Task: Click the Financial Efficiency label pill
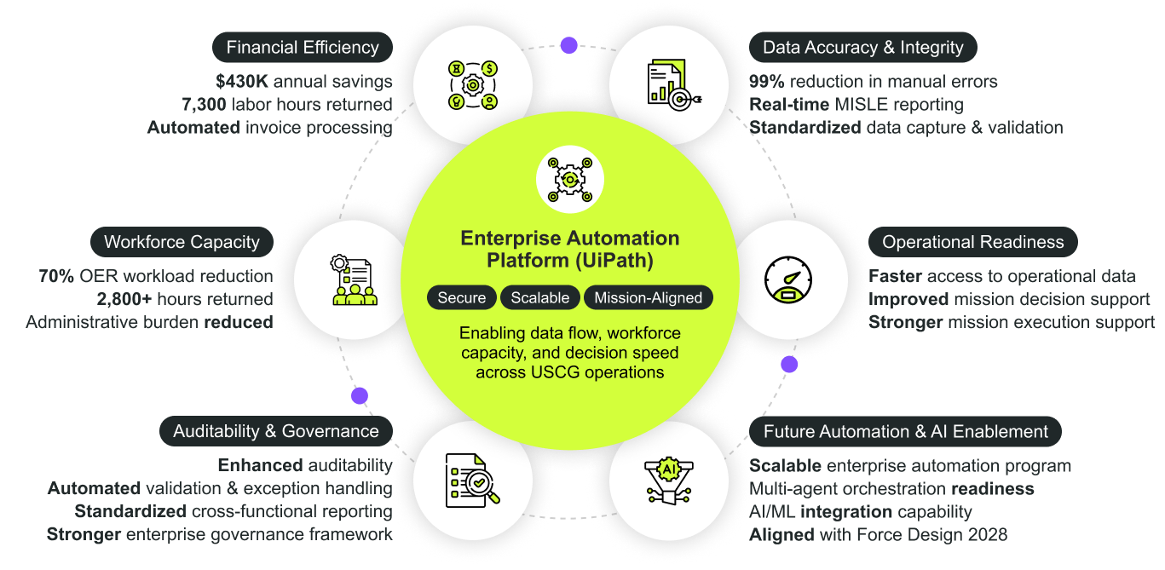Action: tap(303, 48)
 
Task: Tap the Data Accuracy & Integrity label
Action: tap(862, 48)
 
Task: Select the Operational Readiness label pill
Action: tap(972, 242)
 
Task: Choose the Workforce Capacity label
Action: tap(182, 242)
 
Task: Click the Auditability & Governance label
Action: tap(276, 431)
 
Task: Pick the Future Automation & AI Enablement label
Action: tap(905, 431)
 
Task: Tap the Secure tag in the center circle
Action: tap(462, 297)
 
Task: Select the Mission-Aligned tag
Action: tap(648, 297)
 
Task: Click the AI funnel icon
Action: tap(667, 480)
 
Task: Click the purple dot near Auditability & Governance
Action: tap(360, 395)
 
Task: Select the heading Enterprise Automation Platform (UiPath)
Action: tap(569, 249)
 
